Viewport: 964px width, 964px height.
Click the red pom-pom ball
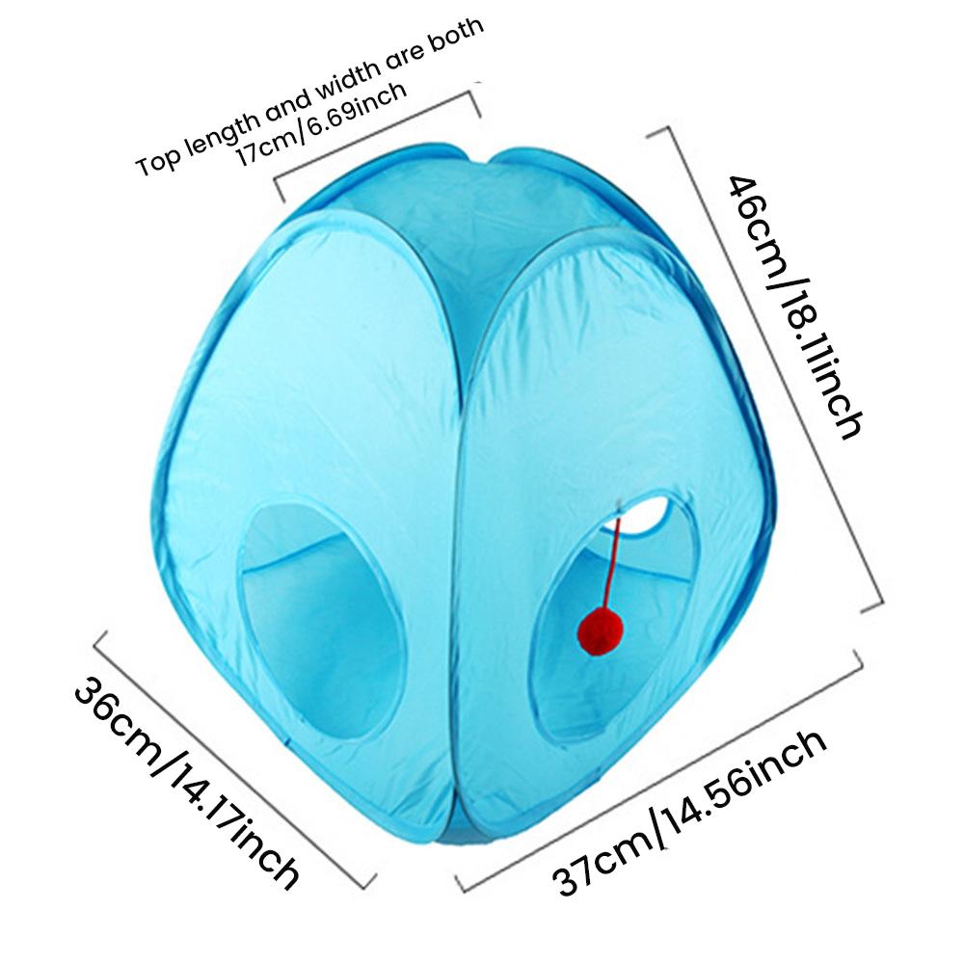click(601, 630)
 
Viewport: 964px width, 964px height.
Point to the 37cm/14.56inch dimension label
click(688, 814)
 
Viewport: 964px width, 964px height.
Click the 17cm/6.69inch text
click(321, 123)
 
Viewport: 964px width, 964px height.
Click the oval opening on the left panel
click(322, 620)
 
